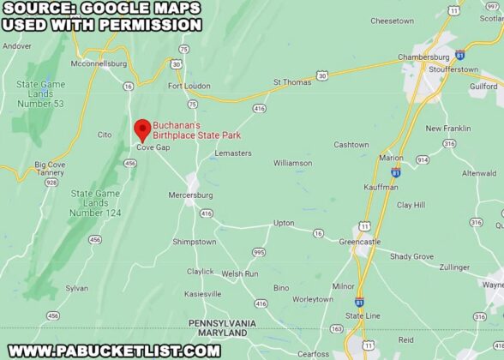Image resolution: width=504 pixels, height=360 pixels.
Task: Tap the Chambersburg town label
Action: (423, 57)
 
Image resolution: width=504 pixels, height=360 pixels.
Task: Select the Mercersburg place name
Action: (190, 195)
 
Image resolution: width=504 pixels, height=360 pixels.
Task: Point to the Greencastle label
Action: (359, 242)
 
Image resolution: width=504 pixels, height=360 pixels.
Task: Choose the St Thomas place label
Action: (291, 82)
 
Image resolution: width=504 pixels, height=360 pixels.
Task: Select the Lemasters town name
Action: (233, 153)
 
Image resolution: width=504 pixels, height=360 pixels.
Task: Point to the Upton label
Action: (284, 223)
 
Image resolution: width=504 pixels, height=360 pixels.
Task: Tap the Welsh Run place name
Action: (240, 273)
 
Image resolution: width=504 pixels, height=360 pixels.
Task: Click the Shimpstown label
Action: (195, 242)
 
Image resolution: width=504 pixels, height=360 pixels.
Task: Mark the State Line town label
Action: (362, 315)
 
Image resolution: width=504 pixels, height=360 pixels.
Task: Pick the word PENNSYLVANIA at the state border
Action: (222, 322)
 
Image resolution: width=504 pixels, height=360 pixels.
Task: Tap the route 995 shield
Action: (259, 251)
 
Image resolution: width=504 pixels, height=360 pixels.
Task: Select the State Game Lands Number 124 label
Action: (94, 202)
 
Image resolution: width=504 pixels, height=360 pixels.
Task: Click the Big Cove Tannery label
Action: (50, 168)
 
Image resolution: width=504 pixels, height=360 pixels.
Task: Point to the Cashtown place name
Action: (351, 145)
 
